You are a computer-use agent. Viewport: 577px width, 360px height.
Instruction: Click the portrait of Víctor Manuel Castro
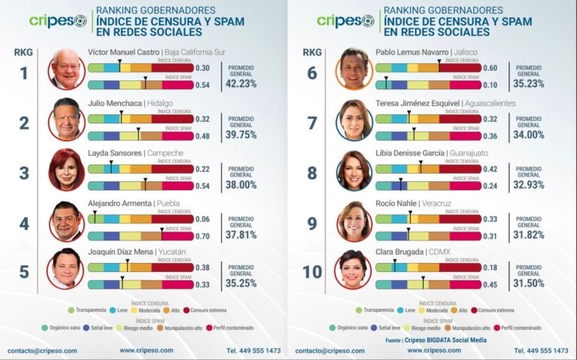(66, 69)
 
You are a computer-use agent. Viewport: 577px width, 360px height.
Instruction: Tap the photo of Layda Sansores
(66, 169)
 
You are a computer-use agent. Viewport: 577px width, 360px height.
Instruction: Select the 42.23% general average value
(241, 84)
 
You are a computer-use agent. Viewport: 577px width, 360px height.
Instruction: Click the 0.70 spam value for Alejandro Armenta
(203, 236)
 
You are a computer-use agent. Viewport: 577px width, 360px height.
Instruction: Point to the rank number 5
(24, 271)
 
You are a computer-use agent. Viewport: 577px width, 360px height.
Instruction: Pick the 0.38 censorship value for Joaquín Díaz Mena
(203, 268)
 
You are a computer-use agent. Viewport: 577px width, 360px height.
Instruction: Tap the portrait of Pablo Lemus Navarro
(354, 69)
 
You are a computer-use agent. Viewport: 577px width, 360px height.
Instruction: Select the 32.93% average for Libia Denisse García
(528, 184)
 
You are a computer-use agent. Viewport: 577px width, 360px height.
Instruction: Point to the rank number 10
(312, 271)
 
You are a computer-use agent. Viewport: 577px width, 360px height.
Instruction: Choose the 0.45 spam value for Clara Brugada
(490, 285)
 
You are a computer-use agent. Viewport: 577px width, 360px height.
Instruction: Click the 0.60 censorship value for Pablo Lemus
(490, 68)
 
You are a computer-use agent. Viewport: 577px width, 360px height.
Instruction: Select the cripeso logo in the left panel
(58, 21)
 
